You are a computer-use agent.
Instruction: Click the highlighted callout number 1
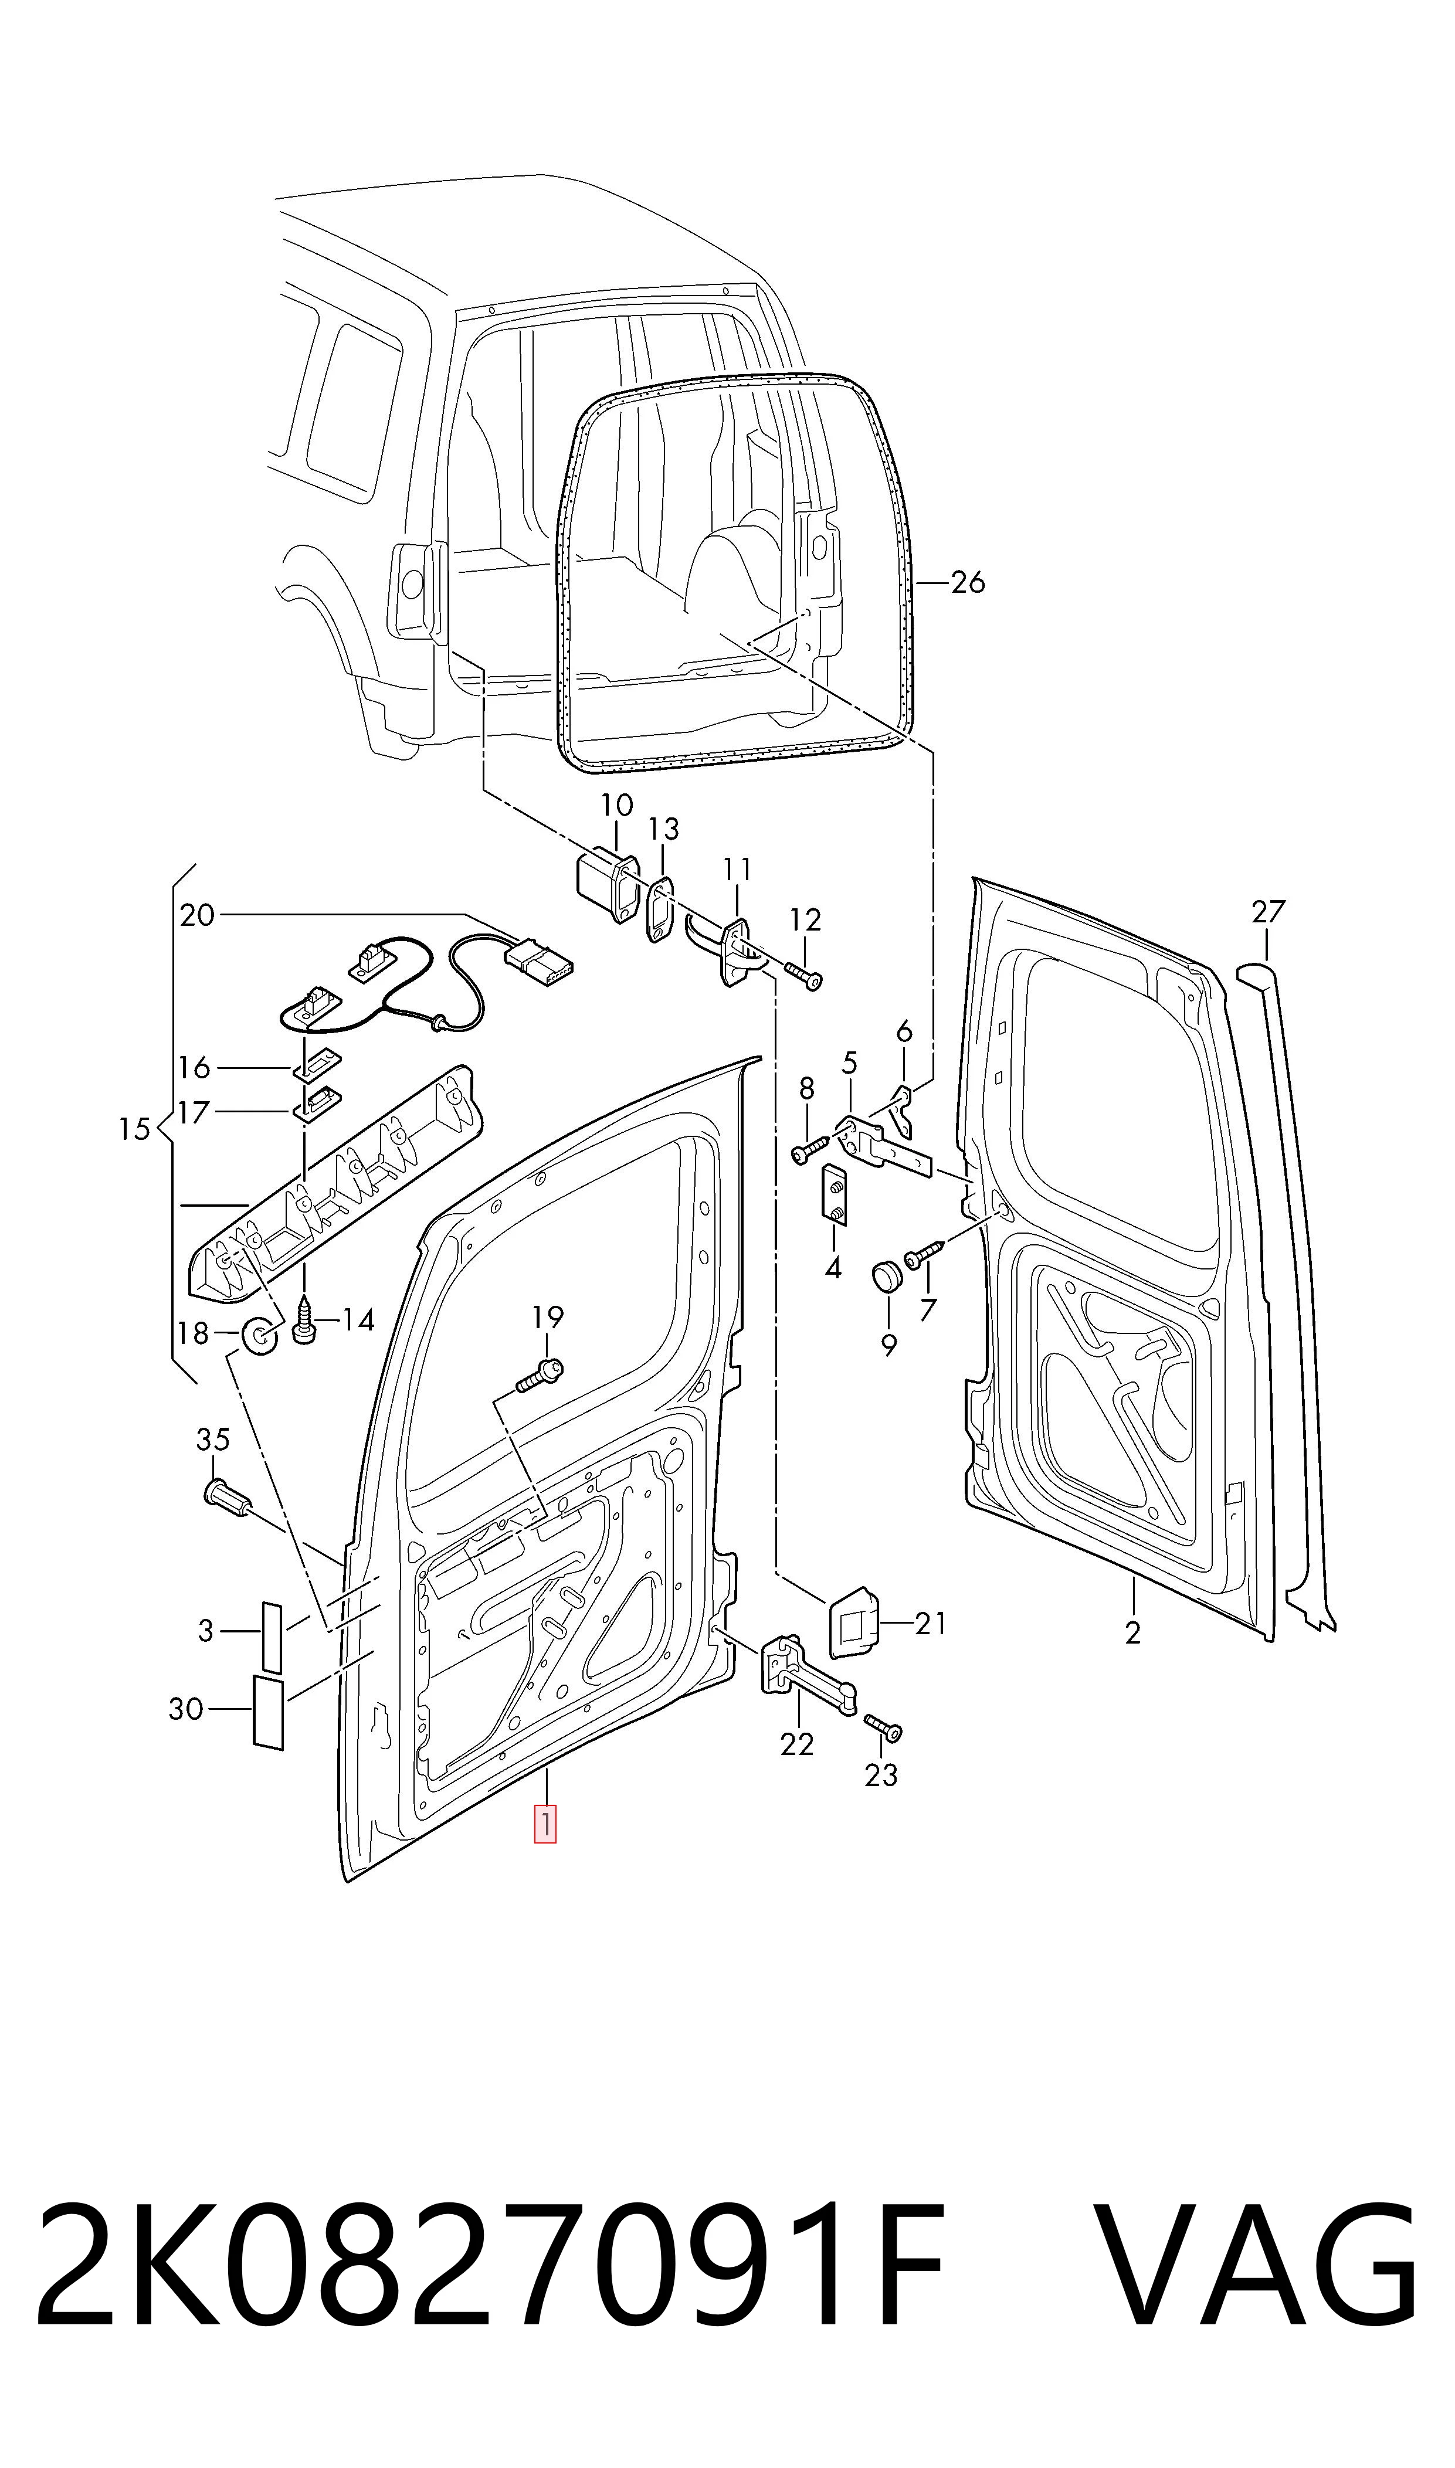pos(545,1824)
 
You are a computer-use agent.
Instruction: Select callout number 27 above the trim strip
pos(1268,912)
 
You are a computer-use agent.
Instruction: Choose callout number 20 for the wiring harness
pos(197,915)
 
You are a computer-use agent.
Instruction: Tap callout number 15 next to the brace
pos(134,1129)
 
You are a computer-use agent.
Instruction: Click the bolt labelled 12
pos(804,973)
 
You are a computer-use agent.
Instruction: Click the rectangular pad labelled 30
pos(267,1712)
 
